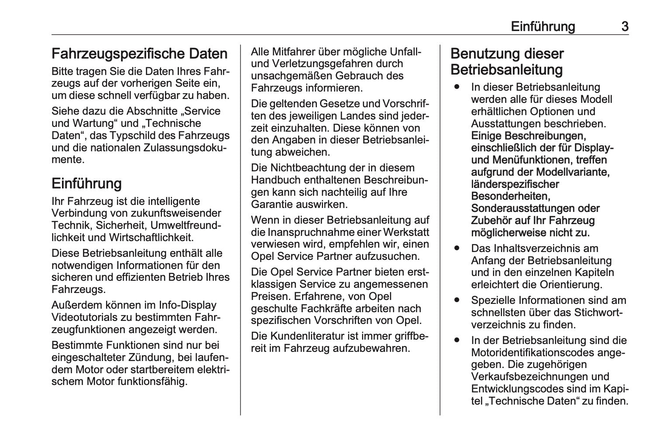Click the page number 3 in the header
pyautogui.click(x=625, y=27)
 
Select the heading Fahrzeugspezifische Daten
pyautogui.click(x=140, y=54)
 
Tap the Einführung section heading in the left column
pyautogui.click(x=86, y=183)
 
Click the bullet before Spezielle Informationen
pyautogui.click(x=457, y=300)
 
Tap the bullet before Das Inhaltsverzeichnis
pyautogui.click(x=457, y=248)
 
